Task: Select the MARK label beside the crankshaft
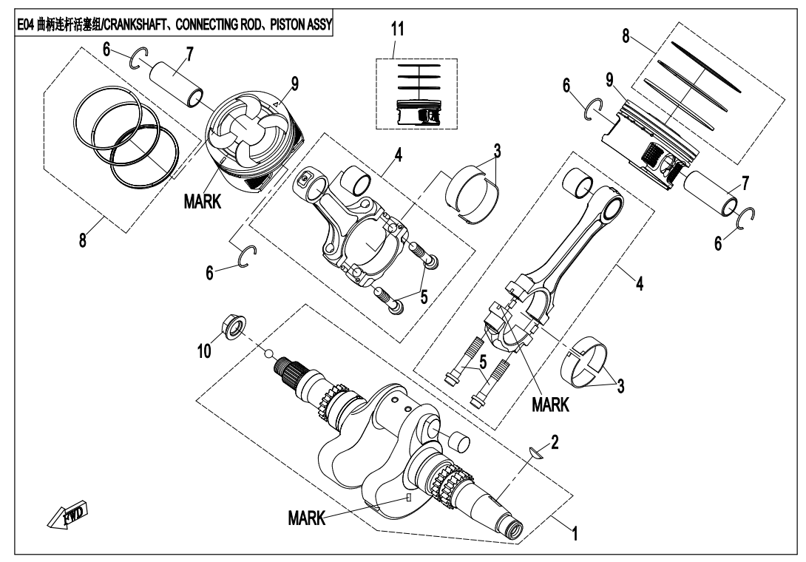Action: tap(305, 518)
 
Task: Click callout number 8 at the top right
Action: tap(626, 38)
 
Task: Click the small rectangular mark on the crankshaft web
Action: tap(407, 498)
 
